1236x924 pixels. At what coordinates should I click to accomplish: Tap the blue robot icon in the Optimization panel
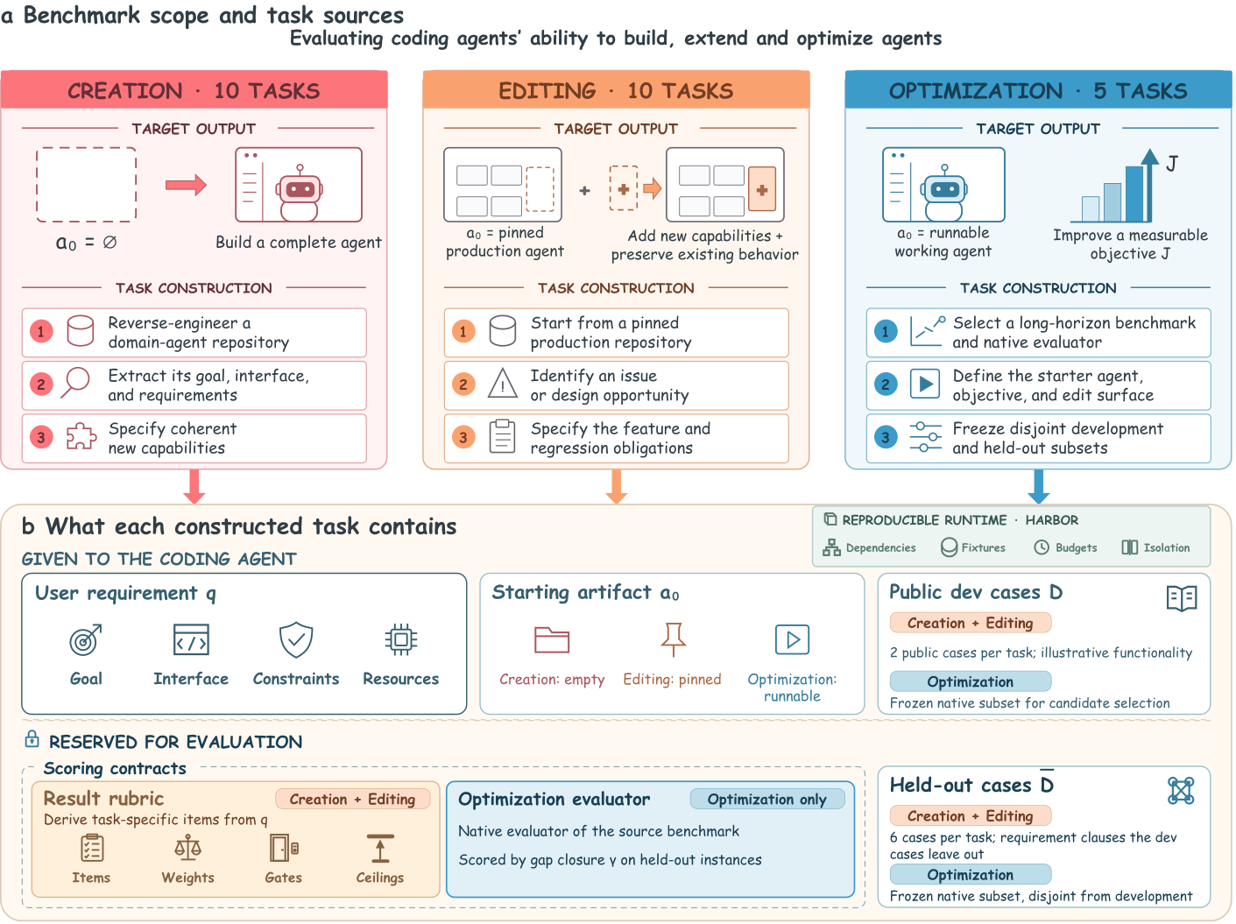click(x=944, y=193)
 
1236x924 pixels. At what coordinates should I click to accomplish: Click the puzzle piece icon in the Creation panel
click(x=81, y=436)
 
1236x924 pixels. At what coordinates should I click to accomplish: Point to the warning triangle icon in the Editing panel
click(x=502, y=384)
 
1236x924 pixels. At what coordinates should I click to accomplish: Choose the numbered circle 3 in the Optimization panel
click(x=886, y=437)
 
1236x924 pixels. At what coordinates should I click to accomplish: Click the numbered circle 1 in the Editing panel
click(x=463, y=331)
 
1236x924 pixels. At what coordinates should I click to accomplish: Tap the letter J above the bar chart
click(x=1172, y=164)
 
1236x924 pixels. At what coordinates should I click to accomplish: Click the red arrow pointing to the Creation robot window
click(x=186, y=185)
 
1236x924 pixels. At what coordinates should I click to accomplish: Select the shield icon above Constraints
click(x=296, y=640)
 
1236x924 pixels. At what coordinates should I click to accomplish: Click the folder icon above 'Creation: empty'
click(x=552, y=640)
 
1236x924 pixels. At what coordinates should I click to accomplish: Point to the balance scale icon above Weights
click(x=187, y=848)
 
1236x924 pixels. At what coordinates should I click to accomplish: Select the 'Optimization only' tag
click(x=767, y=800)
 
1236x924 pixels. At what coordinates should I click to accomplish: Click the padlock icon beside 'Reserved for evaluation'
click(x=32, y=739)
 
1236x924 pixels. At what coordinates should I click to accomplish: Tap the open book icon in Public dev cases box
click(x=1182, y=598)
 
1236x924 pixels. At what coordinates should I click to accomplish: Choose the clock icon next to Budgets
click(x=1042, y=547)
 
